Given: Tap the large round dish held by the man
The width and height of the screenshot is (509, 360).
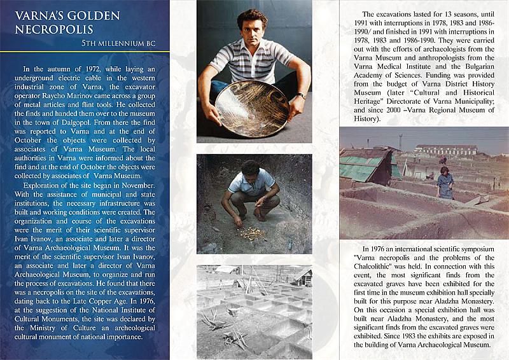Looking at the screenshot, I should tap(252, 107).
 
